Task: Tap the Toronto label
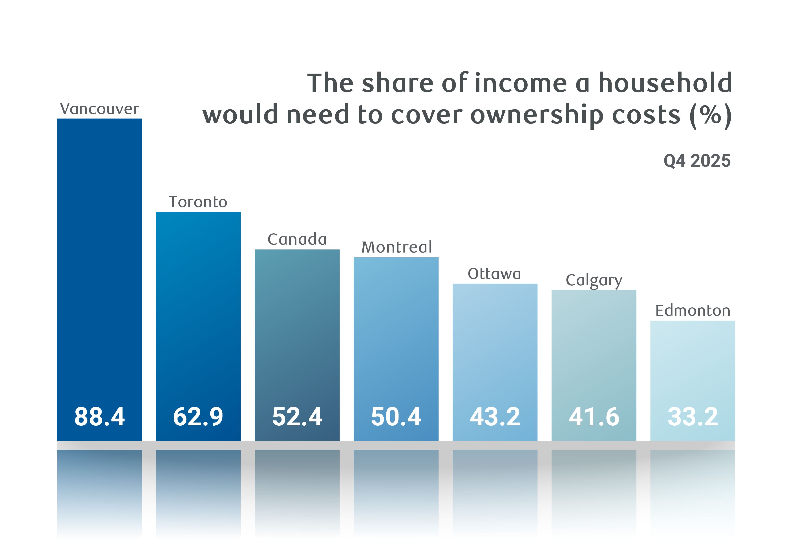[198, 202]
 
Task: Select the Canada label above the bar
[297, 239]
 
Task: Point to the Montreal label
[397, 247]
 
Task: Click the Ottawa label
[494, 274]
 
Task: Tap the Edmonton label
[693, 311]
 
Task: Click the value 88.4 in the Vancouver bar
[100, 417]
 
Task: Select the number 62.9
[198, 417]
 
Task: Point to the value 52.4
[297, 417]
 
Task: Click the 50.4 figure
[396, 417]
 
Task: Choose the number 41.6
[594, 417]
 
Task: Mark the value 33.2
[693, 417]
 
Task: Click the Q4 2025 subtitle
[697, 161]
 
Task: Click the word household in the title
[665, 83]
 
